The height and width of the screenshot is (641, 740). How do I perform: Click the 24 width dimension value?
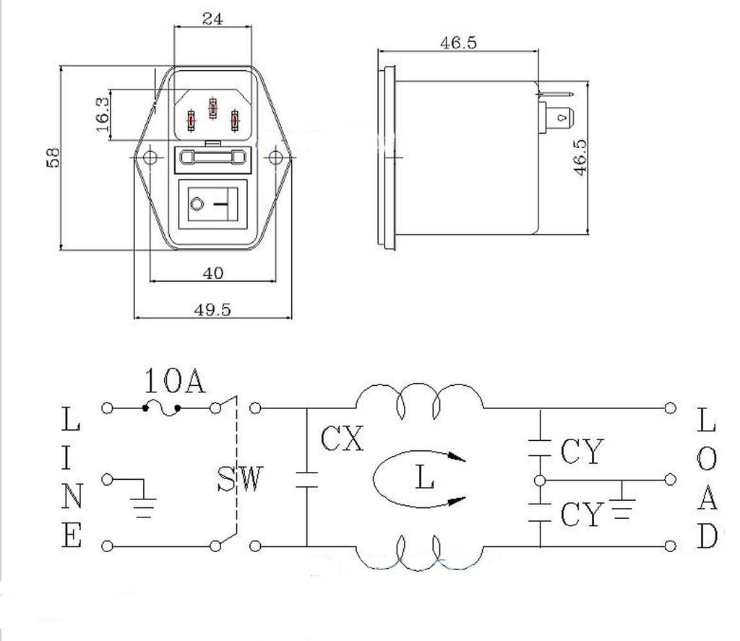(212, 18)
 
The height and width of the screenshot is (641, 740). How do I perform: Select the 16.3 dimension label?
(102, 115)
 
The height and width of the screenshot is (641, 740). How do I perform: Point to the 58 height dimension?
(53, 158)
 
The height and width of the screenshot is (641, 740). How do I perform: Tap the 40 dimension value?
(213, 273)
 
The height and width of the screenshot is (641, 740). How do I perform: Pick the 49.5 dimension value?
(212, 309)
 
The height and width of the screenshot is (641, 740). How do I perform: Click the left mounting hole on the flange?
(150, 158)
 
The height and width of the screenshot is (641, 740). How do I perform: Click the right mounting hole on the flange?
(275, 158)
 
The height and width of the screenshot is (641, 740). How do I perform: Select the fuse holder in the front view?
(213, 157)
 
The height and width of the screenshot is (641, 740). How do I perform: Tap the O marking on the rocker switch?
(197, 205)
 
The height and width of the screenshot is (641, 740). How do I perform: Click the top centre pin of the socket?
(213, 108)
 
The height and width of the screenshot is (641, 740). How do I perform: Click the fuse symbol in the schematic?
(161, 408)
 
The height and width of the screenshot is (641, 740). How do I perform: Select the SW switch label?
(239, 478)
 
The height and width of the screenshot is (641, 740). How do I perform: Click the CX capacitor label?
(342, 439)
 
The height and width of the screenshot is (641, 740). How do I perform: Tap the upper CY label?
(582, 451)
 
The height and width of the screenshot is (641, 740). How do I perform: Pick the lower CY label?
(582, 515)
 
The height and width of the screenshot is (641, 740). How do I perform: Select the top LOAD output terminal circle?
(670, 408)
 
